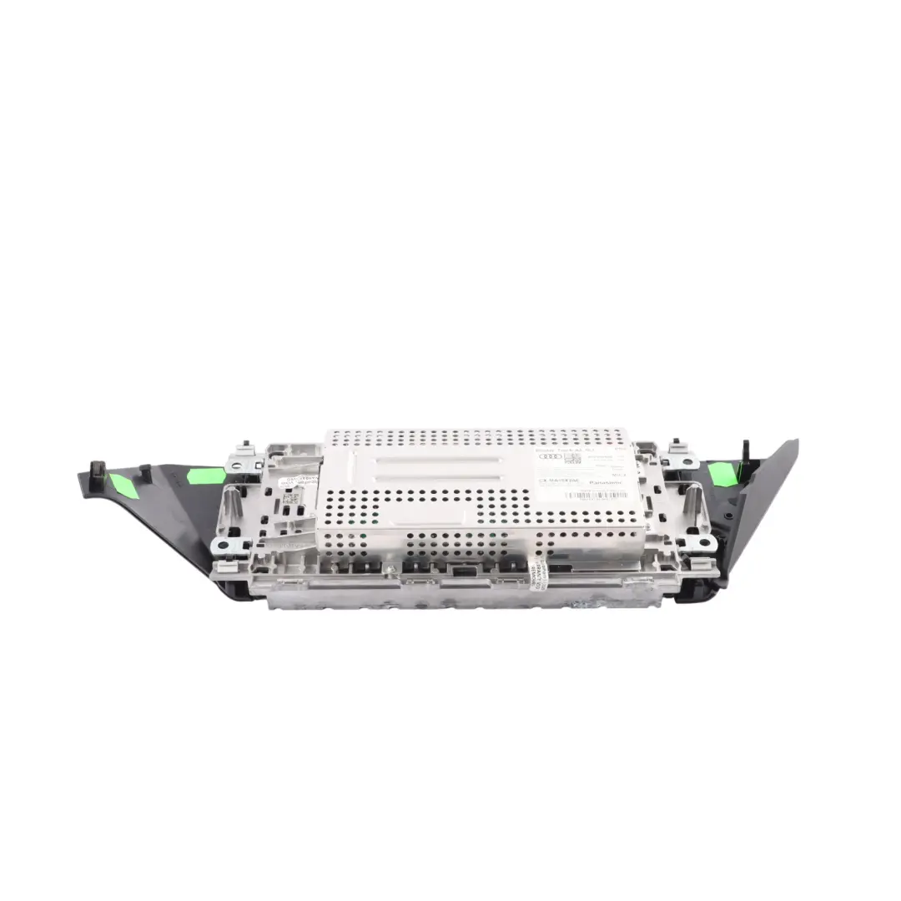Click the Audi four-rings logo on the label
[x=551, y=456]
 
